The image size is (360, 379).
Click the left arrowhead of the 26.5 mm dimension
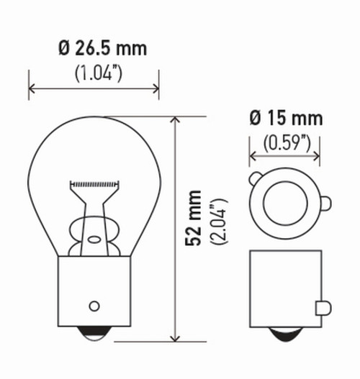pyautogui.click(x=33, y=90)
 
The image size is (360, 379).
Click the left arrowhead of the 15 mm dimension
pyautogui.click(x=253, y=155)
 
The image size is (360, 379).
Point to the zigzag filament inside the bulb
pyautogui.click(x=94, y=185)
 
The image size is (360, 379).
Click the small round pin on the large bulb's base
pyautogui.click(x=94, y=304)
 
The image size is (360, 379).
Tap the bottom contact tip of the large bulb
pyautogui.click(x=94, y=335)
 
